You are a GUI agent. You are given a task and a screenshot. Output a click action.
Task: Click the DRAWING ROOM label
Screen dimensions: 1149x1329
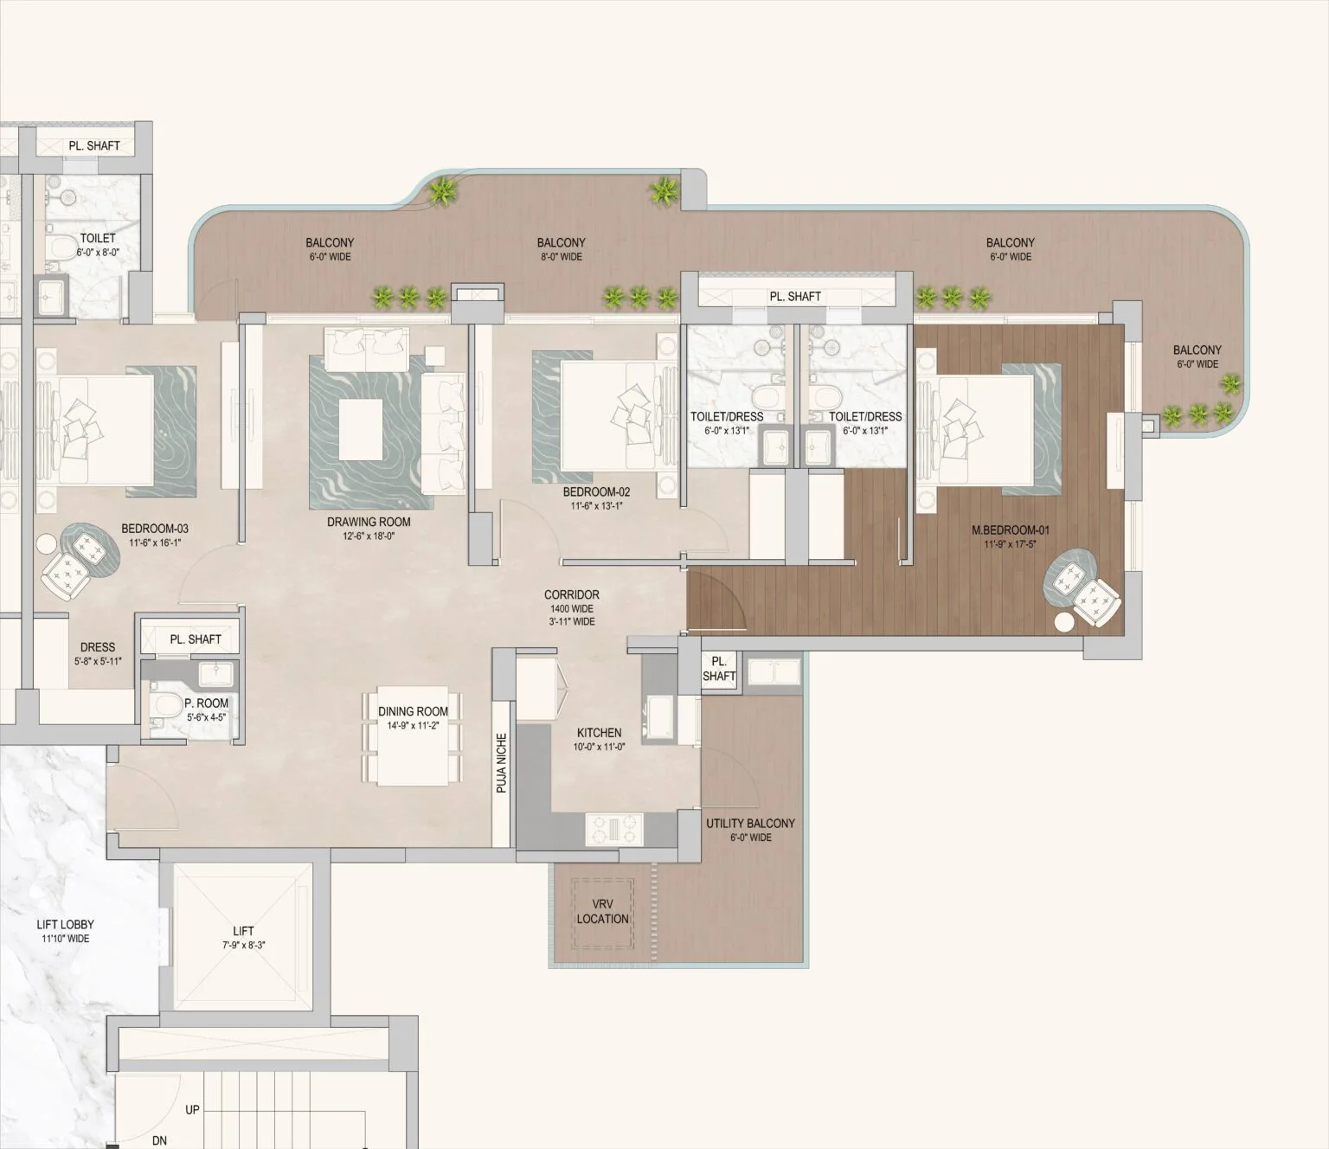pos(369,522)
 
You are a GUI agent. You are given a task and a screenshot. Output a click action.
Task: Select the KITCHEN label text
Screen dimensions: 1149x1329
pos(599,733)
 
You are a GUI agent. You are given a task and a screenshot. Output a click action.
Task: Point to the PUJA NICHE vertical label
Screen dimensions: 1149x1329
pos(501,764)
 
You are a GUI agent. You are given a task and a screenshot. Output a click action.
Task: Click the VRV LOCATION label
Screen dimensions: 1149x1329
pos(603,911)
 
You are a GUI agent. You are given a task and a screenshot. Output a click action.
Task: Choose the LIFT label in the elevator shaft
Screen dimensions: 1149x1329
pos(243,931)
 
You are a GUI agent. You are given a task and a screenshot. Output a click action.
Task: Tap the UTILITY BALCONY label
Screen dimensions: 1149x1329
pos(750,824)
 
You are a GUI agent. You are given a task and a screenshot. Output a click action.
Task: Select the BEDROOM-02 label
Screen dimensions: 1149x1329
pos(596,492)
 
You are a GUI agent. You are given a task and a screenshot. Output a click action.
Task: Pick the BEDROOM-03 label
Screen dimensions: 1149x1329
pos(155,529)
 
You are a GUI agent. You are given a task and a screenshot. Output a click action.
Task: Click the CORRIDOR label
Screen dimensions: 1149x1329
pos(571,594)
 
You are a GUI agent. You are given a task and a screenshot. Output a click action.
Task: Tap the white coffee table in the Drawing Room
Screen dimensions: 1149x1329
pos(361,430)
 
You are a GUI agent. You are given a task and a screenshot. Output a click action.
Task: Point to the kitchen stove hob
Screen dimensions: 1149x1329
pos(614,828)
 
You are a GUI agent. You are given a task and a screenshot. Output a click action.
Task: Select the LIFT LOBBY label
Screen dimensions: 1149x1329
pos(66,925)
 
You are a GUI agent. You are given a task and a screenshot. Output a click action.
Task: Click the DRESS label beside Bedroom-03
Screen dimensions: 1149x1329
pos(98,647)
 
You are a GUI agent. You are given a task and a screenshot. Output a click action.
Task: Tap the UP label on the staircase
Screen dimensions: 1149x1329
pos(192,1109)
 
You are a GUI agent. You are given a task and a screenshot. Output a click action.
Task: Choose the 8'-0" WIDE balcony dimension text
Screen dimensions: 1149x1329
pos(561,257)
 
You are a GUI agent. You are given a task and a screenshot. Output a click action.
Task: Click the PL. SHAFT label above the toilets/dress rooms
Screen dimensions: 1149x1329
pos(795,297)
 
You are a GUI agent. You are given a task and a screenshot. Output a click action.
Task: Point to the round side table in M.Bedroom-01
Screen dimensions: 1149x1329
pos(1063,621)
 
